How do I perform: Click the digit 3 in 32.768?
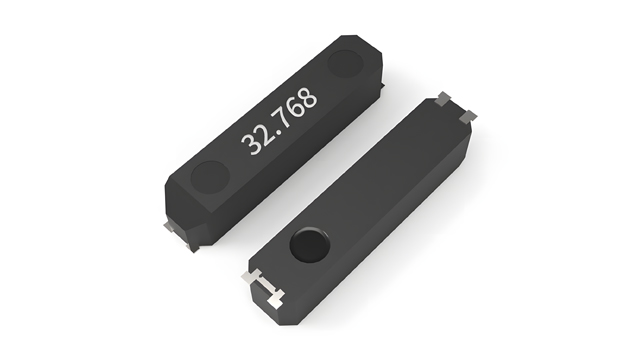point(248,144)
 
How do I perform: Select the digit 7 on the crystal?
point(282,118)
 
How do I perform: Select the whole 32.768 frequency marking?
point(279,121)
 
